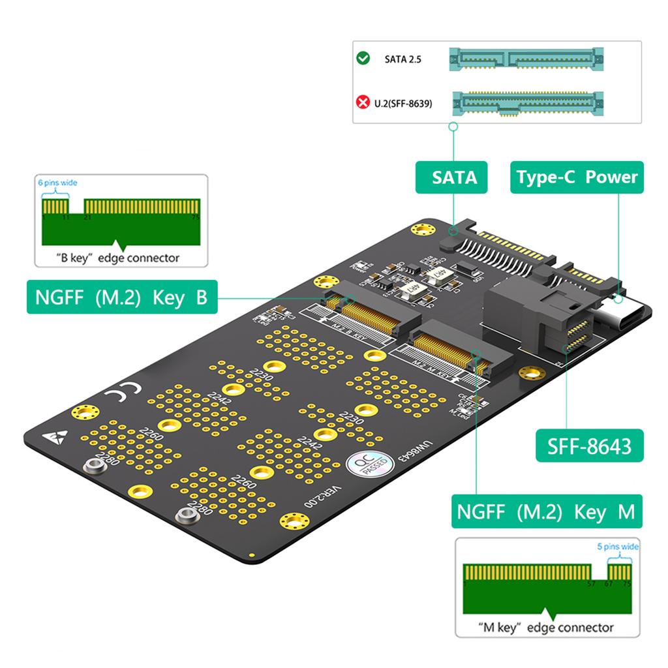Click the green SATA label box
(x=451, y=177)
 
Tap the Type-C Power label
(x=577, y=177)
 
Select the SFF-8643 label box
(x=588, y=446)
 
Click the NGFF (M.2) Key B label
(x=121, y=297)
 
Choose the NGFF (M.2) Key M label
(x=545, y=511)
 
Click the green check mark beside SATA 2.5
(x=363, y=59)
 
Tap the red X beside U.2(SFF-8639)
(x=363, y=102)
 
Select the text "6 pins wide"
(x=57, y=183)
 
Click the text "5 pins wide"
(x=618, y=547)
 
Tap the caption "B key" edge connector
(x=117, y=258)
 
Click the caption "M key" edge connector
(x=545, y=628)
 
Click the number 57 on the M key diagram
(x=591, y=584)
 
